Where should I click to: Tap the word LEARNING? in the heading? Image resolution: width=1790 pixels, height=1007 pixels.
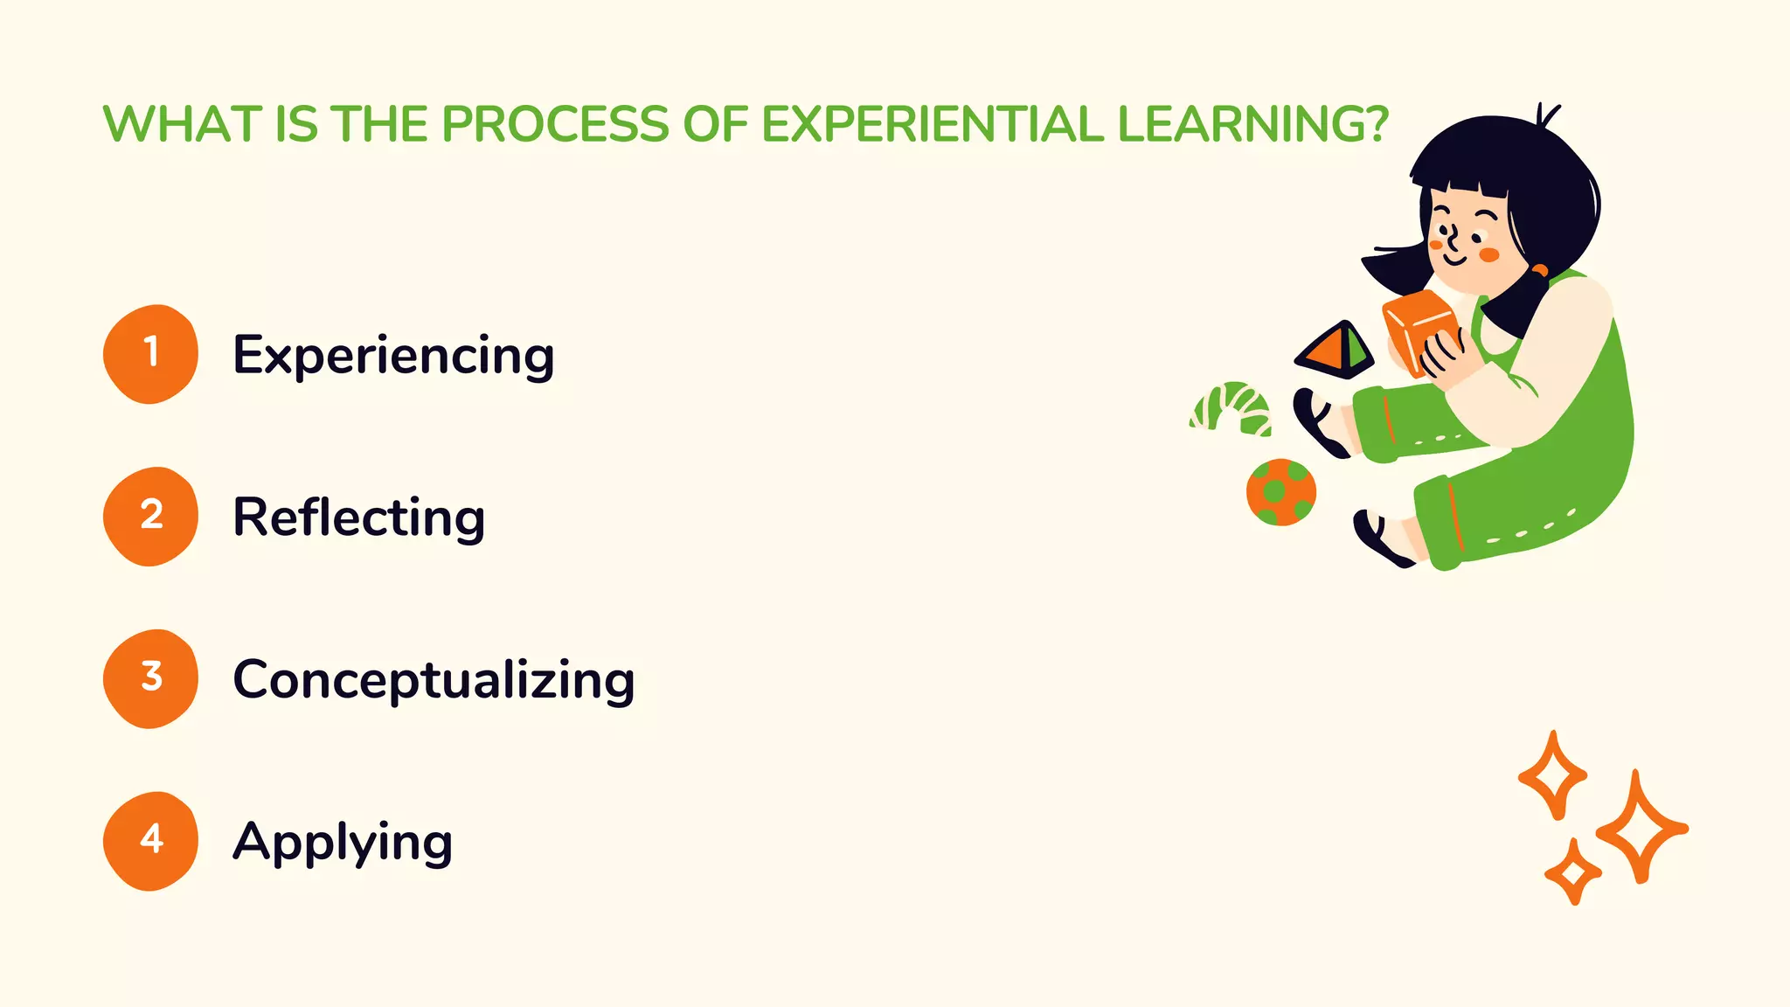tap(1252, 124)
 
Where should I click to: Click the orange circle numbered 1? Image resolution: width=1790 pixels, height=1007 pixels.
tap(150, 353)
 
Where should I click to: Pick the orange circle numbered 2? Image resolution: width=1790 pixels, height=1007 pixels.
tap(150, 516)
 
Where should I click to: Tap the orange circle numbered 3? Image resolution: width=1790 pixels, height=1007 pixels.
tap(150, 678)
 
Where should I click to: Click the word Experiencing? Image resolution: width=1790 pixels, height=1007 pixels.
tap(393, 357)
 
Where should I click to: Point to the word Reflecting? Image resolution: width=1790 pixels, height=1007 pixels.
tap(358, 517)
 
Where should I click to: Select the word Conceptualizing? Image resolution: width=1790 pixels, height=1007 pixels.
tap(434, 680)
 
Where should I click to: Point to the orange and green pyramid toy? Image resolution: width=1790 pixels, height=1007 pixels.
tap(1334, 350)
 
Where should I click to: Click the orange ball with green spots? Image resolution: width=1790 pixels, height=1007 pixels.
tap(1281, 492)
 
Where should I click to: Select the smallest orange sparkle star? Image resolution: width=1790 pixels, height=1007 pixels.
tap(1573, 872)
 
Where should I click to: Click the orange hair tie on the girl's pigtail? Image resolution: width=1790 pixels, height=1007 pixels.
tap(1539, 270)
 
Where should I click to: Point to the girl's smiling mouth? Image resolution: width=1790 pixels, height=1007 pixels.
tap(1454, 260)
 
